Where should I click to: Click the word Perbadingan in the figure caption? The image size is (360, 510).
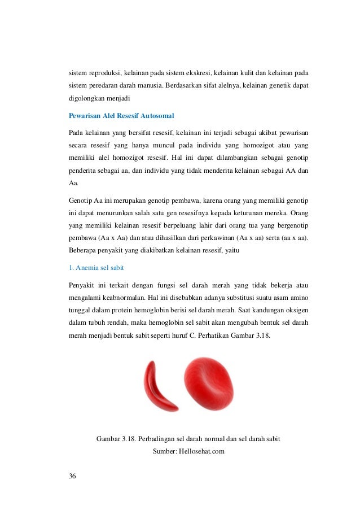(156, 438)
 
